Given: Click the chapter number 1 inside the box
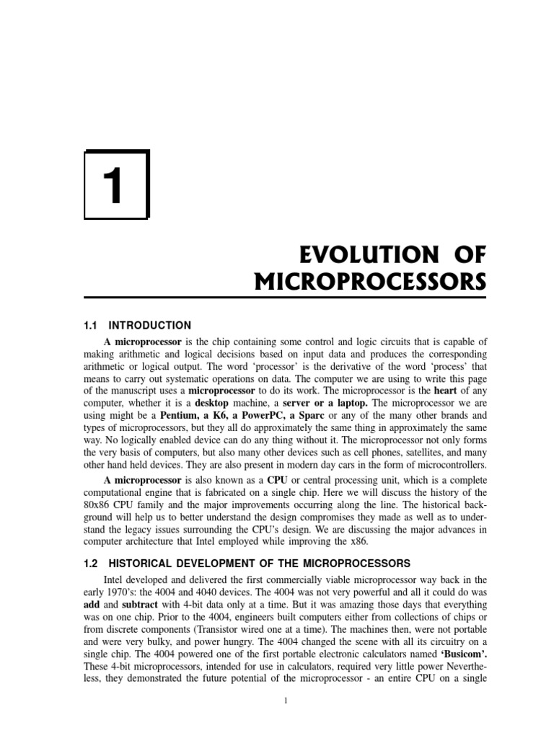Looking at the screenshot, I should click(116, 184).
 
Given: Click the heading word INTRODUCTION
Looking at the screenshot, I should click(155, 326).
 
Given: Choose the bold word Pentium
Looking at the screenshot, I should click(183, 416).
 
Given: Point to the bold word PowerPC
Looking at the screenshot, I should click(271, 416).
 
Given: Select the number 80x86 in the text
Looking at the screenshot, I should click(99, 505).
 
